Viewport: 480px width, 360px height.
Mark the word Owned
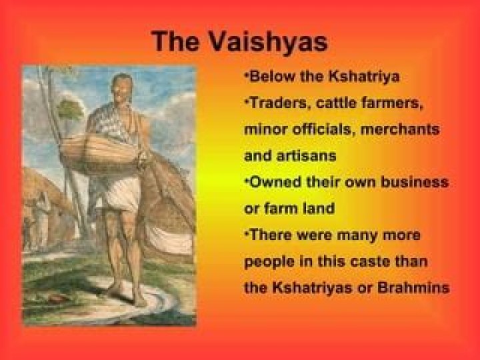[x=274, y=182]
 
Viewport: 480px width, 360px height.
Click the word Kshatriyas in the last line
[x=313, y=288]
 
